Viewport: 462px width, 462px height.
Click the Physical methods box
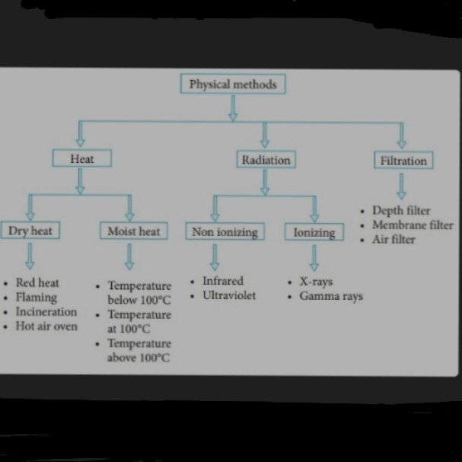[x=233, y=84]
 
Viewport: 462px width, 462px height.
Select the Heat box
[x=81, y=159]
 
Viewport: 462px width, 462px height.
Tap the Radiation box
[x=266, y=160]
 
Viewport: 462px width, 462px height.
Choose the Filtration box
[x=403, y=161]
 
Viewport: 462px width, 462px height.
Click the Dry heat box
[x=30, y=231]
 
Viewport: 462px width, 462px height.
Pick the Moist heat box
[x=133, y=231]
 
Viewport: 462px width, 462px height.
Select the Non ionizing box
[x=225, y=231]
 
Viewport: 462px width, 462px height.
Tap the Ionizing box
[x=314, y=232]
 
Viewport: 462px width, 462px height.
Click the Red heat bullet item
[x=37, y=282]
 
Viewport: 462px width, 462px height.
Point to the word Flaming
[x=37, y=297]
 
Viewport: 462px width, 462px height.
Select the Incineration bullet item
[x=46, y=311]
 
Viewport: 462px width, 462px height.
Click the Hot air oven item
[x=46, y=327]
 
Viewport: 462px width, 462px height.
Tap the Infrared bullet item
[x=222, y=281]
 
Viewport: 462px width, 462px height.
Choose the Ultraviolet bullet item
[x=229, y=295]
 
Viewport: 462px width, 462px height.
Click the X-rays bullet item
[x=315, y=282]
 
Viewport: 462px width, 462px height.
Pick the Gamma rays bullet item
[x=330, y=296]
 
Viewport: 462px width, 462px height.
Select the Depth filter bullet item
[x=401, y=210]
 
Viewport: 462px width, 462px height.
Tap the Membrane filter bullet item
[x=412, y=225]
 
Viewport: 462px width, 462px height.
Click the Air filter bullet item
[x=393, y=239]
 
